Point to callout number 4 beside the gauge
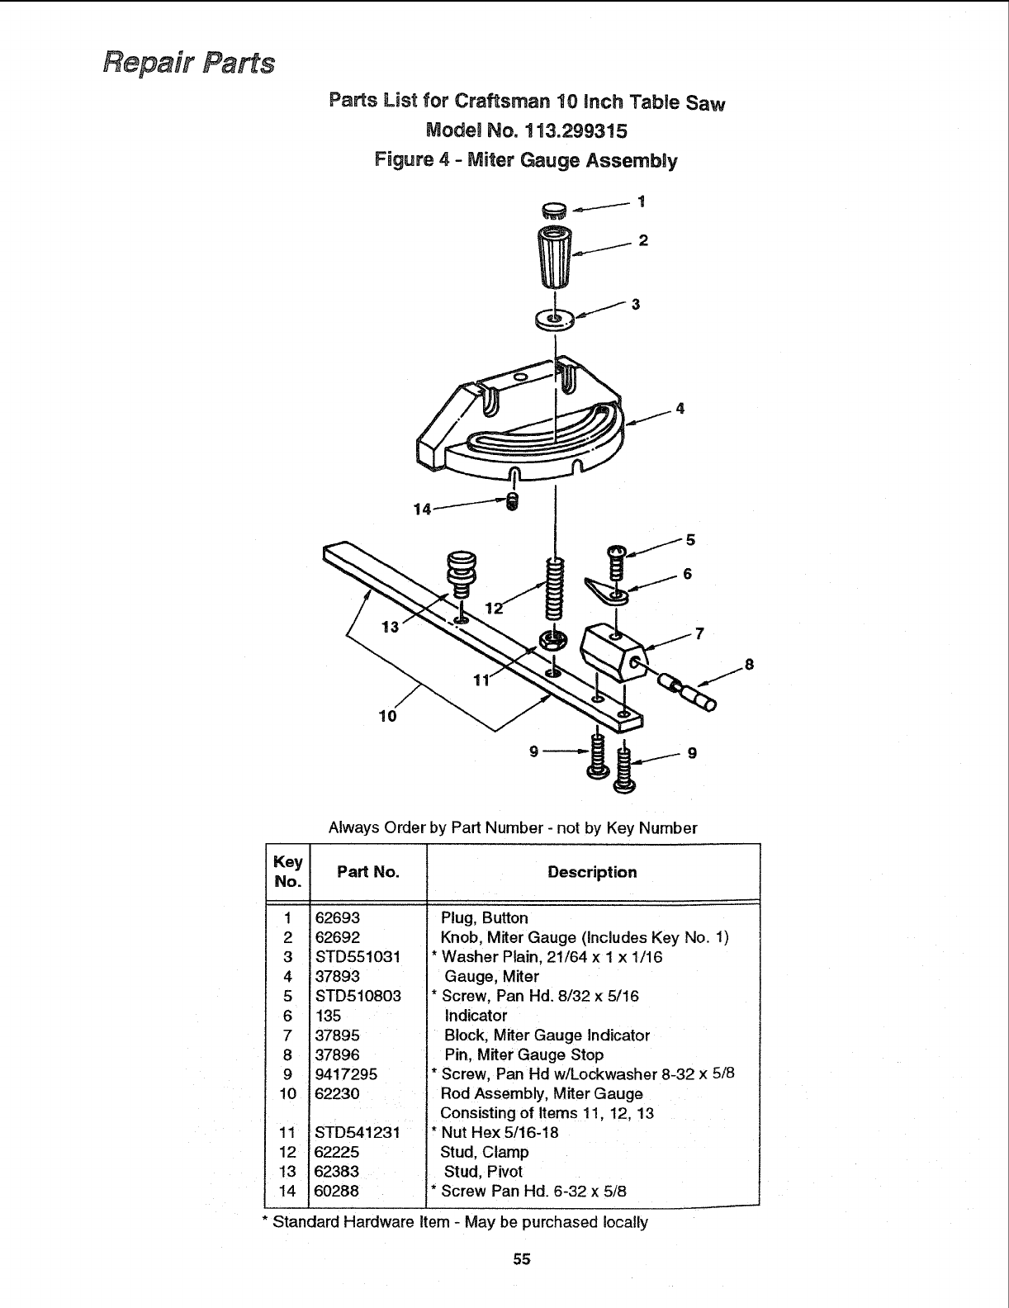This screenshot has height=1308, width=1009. tap(680, 408)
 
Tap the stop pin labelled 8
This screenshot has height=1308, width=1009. tap(689, 692)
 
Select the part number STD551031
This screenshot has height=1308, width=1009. tap(358, 957)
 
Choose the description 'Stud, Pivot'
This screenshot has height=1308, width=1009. tap(483, 1172)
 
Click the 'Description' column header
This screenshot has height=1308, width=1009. tap(592, 872)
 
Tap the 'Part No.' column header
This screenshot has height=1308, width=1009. tap(367, 872)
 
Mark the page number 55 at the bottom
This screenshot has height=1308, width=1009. tap(521, 1259)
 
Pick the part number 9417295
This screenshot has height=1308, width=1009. tap(347, 1074)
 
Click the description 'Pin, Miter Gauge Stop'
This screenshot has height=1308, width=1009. tap(523, 1054)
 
